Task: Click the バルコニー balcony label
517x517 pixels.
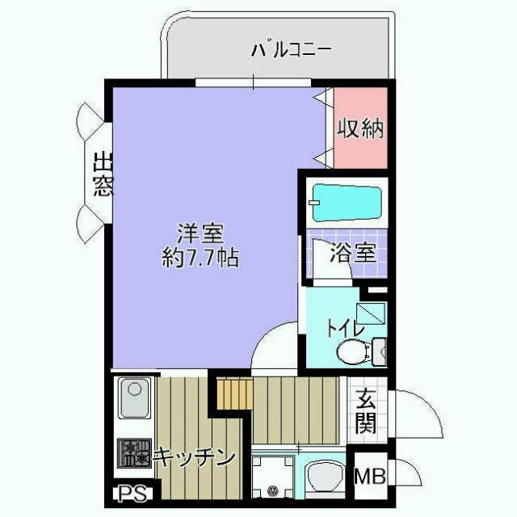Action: pyautogui.click(x=291, y=50)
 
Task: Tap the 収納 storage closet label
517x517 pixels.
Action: pyautogui.click(x=360, y=128)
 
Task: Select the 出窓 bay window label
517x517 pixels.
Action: pyautogui.click(x=103, y=174)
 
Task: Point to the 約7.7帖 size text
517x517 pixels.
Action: pyautogui.click(x=200, y=257)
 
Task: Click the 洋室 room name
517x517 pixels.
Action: pyautogui.click(x=200, y=233)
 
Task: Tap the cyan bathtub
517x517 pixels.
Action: pyautogui.click(x=347, y=203)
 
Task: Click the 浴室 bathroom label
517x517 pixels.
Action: pyautogui.click(x=352, y=253)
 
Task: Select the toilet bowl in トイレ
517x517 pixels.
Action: pyautogui.click(x=352, y=352)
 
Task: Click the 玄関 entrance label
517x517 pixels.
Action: pyautogui.click(x=366, y=411)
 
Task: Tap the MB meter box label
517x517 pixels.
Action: pyautogui.click(x=370, y=476)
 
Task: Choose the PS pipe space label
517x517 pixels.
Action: pyautogui.click(x=132, y=494)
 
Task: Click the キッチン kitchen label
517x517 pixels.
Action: pyautogui.click(x=195, y=457)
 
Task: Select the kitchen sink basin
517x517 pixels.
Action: pyautogui.click(x=134, y=398)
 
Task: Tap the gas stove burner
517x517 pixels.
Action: pyautogui.click(x=135, y=452)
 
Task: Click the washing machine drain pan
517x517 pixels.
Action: pyautogui.click(x=273, y=477)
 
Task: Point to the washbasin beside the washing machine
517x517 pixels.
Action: pyautogui.click(x=325, y=477)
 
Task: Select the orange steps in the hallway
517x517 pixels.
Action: pyautogui.click(x=235, y=393)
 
